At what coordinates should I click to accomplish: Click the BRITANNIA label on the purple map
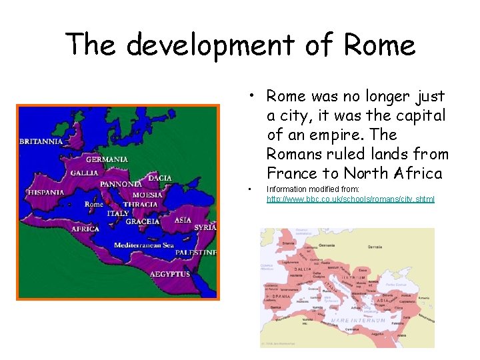click(x=41, y=141)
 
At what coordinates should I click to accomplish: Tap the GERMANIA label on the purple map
click(x=107, y=160)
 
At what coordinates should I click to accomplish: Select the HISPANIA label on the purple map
click(x=46, y=193)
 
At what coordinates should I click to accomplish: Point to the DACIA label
click(x=159, y=178)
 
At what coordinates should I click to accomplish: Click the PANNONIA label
click(x=121, y=184)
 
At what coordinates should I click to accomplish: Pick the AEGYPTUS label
click(x=170, y=274)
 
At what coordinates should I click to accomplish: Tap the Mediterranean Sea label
click(x=143, y=245)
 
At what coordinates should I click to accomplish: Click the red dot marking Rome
click(x=107, y=201)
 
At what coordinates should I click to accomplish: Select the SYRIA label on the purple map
click(x=205, y=227)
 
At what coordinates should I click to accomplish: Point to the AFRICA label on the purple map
click(x=85, y=229)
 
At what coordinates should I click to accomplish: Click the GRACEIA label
click(x=143, y=221)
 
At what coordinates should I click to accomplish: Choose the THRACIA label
click(x=141, y=205)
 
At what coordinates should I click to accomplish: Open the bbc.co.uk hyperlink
click(x=350, y=199)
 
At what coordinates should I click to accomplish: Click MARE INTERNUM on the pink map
click(x=358, y=321)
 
